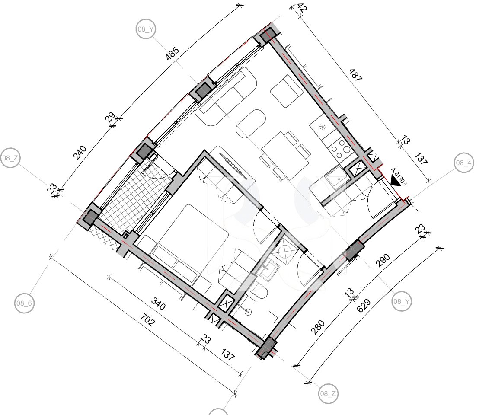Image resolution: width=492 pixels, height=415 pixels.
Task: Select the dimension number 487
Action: (356, 75)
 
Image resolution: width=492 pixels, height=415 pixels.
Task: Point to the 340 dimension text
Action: (158, 303)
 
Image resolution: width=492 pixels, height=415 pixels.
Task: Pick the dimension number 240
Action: (80, 153)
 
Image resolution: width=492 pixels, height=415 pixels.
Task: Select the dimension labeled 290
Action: (383, 260)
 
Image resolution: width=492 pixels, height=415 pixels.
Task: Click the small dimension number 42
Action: (301, 7)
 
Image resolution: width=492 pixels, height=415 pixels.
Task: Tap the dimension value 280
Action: (317, 327)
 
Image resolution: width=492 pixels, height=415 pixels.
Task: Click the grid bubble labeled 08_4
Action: (464, 163)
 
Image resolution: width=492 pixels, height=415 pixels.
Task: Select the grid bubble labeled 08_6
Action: (25, 303)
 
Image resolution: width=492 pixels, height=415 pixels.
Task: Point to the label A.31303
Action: (399, 177)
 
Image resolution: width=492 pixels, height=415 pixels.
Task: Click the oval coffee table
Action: (251, 123)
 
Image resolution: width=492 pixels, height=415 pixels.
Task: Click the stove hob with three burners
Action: (339, 149)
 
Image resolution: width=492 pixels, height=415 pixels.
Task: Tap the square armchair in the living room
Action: (287, 91)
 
